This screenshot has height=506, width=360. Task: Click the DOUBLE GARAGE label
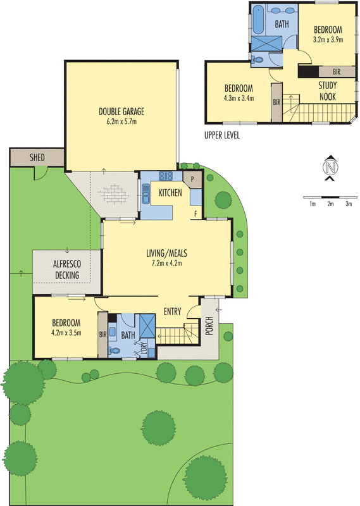(121, 112)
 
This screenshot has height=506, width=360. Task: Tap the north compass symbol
(330, 167)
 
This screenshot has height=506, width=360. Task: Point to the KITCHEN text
(171, 192)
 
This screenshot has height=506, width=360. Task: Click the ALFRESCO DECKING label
(67, 270)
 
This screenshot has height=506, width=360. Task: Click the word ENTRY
(173, 311)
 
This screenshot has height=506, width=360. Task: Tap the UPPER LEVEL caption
(221, 135)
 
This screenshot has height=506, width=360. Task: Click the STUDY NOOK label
(327, 91)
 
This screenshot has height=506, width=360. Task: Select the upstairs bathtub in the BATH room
(259, 21)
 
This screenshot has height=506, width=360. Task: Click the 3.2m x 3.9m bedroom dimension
(328, 39)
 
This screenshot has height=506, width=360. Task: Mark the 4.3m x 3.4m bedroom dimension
(239, 98)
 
